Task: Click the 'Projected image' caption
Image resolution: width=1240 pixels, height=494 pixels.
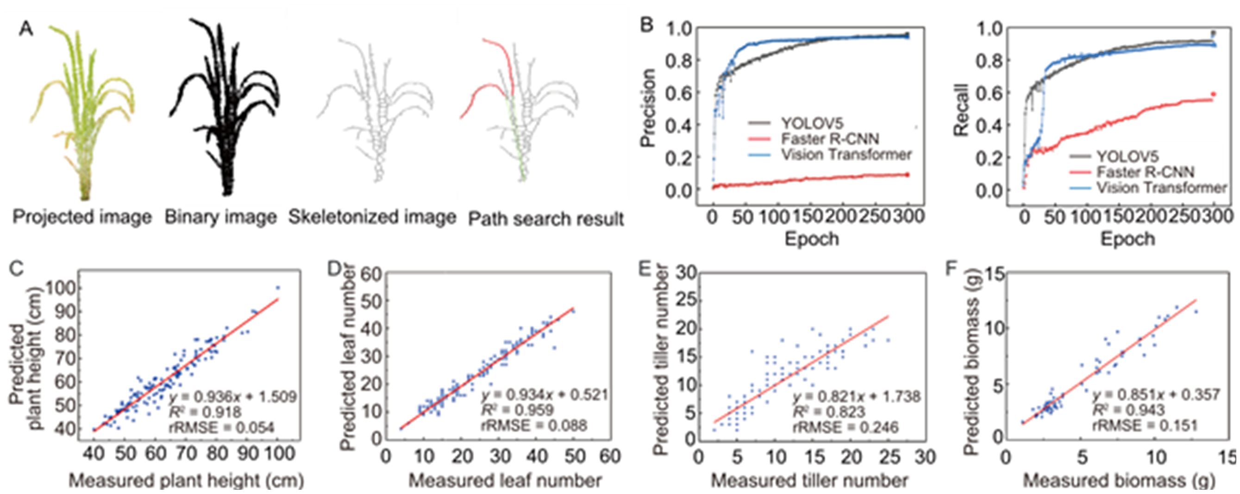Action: tap(82, 217)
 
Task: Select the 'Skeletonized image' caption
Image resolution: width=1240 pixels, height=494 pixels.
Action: tap(372, 217)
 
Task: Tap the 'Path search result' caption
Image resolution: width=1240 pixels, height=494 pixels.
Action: tap(546, 219)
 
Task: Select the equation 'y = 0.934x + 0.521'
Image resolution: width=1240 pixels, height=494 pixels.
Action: tap(545, 395)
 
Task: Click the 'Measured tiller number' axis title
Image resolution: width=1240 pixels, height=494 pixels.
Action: tap(809, 481)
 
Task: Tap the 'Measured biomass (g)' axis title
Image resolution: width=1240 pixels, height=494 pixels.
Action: tap(1119, 481)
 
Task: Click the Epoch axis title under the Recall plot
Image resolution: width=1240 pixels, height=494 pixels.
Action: tap(1128, 239)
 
